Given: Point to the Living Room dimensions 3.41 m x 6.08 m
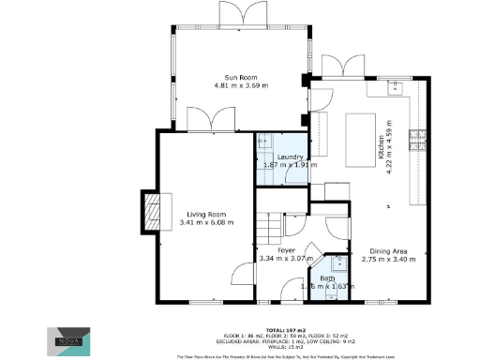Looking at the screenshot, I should (x=205, y=222).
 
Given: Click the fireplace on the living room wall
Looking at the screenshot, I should (x=150, y=210).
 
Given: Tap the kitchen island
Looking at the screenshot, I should (x=360, y=132).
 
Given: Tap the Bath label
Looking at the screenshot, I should (x=327, y=278).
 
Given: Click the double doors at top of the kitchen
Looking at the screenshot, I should (x=337, y=67).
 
